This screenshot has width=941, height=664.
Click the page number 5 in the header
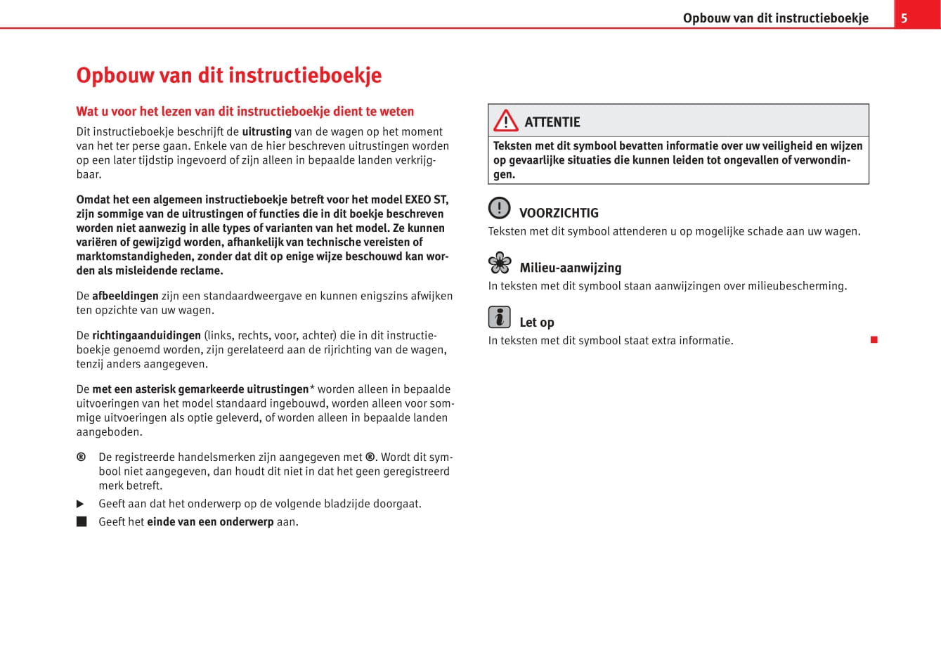click(904, 18)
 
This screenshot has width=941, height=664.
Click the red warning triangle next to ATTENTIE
click(505, 121)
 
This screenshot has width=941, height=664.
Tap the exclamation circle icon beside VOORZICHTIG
click(499, 208)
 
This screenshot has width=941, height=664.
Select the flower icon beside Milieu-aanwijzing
click(500, 263)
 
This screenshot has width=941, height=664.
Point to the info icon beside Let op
click(499, 318)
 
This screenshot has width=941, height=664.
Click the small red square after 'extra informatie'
click(874, 340)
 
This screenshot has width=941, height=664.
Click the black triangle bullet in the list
click(80, 504)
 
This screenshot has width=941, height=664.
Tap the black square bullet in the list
click(82, 521)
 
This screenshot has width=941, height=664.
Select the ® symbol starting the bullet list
click(81, 457)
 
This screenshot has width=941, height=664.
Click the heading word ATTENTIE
click(552, 122)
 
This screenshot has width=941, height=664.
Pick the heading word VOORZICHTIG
click(559, 213)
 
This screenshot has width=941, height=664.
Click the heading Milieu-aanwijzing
click(570, 268)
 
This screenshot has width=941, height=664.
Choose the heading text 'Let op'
click(537, 323)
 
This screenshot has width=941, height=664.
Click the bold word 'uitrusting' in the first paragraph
click(266, 131)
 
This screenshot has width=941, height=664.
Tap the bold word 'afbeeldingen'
click(125, 296)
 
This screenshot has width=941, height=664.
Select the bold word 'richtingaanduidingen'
click(146, 335)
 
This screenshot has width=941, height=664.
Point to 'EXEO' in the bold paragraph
click(417, 200)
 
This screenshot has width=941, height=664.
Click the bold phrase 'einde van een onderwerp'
click(210, 521)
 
